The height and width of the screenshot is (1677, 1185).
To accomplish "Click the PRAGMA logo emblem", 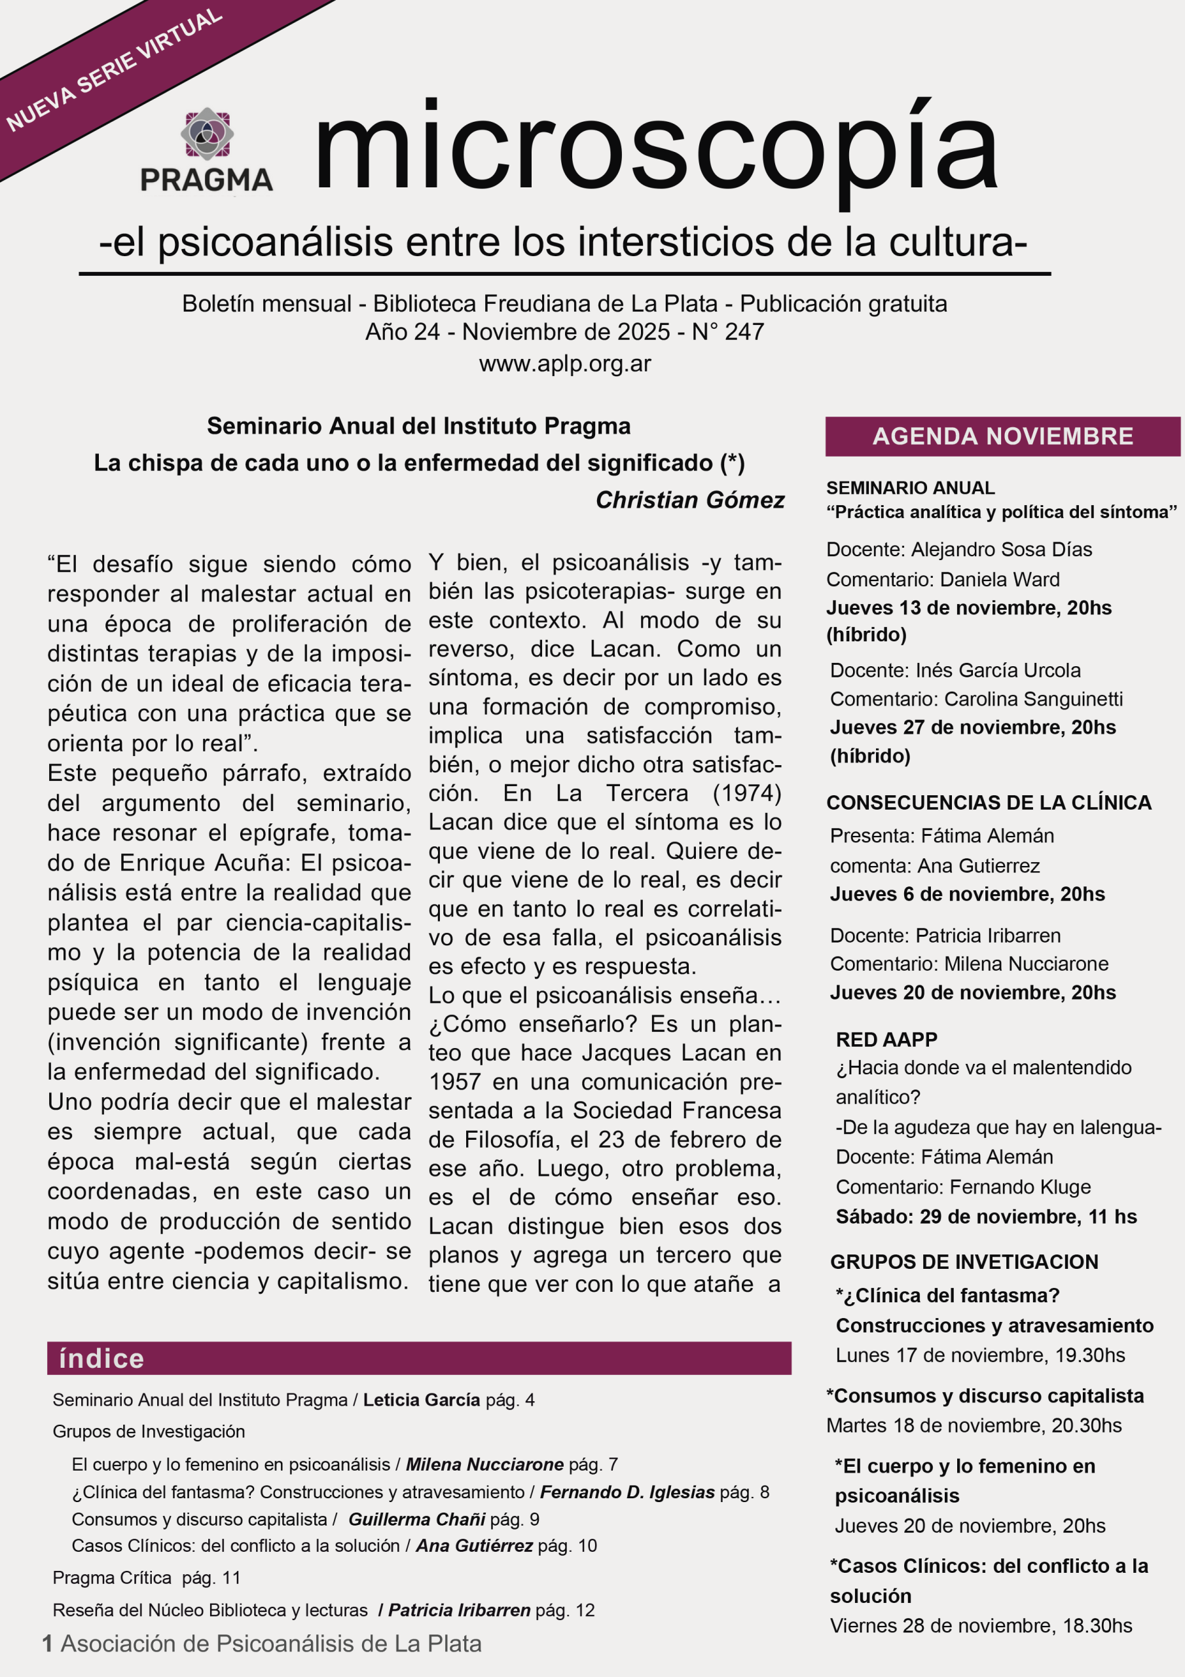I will (x=207, y=134).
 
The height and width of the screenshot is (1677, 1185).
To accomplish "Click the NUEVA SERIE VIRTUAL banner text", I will (x=114, y=69).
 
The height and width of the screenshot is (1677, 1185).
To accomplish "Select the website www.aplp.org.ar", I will (x=564, y=363).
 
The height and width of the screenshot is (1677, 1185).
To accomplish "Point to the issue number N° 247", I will (x=727, y=331).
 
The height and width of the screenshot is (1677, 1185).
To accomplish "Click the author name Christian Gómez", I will (x=690, y=500).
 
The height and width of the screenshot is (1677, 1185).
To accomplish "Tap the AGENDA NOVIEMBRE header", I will (x=1002, y=436).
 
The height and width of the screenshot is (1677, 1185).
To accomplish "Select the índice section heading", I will (x=101, y=1359).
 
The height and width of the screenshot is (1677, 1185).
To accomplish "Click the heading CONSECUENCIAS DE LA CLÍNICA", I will (x=989, y=802).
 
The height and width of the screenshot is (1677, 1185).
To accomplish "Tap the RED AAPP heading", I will (x=886, y=1040).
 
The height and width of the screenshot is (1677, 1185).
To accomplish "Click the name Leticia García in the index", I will (x=421, y=1399).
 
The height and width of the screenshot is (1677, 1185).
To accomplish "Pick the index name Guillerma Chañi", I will (x=416, y=1519).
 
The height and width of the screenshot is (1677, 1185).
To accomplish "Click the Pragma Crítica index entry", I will (x=112, y=1577).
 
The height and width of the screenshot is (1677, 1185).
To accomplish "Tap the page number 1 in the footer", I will (x=47, y=1644).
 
